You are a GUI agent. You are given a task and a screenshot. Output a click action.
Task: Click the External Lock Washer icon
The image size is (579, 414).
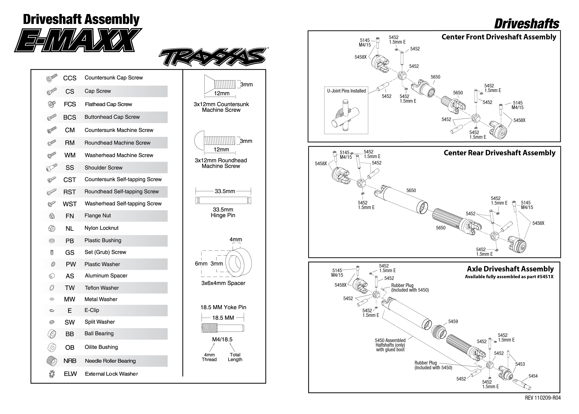click(x=52, y=374)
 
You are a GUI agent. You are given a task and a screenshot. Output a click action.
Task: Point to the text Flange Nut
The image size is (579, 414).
click(x=98, y=216)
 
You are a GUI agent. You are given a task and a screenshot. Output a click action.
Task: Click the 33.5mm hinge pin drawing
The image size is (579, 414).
click(x=223, y=200)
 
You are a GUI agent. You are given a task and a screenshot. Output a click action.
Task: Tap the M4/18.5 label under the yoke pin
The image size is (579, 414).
click(x=222, y=339)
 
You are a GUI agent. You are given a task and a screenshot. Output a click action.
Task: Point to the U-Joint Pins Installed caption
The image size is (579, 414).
click(x=346, y=91)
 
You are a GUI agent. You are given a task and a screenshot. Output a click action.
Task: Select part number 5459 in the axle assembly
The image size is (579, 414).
click(x=453, y=321)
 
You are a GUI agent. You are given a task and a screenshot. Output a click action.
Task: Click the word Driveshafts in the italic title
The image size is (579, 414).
click(x=527, y=24)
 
